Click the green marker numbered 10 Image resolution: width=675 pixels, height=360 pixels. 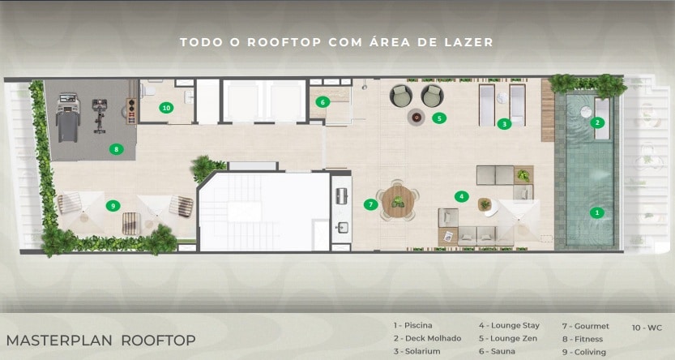coord(166,108)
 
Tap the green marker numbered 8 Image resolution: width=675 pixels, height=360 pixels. coord(116,149)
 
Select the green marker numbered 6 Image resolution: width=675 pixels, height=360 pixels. coord(323,102)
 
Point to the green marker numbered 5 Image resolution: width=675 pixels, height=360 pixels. coord(439,118)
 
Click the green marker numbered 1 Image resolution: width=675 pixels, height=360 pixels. coord(596,212)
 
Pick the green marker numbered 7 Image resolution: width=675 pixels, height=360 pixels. coord(370,204)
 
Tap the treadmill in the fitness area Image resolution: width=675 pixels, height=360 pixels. coord(68,118)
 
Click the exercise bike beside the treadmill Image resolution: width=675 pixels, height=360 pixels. coord(100,116)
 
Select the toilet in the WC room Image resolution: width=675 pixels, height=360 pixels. coord(148,90)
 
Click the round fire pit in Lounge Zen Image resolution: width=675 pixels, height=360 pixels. coord(417,117)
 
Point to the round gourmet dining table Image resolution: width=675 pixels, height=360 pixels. coord(398,201)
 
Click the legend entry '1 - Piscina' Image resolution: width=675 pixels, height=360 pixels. coord(412,326)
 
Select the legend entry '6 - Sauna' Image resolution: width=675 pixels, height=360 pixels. coord(497,352)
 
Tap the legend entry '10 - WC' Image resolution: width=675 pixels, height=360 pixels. coord(647,328)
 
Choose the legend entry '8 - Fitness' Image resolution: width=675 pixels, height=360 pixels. coord(583,340)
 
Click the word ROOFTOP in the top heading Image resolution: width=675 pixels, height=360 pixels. coord(284,42)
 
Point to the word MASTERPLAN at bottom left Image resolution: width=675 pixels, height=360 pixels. coord(60,341)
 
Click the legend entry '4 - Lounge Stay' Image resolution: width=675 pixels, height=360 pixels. coord(509,326)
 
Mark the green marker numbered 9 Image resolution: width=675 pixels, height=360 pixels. coord(113,206)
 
